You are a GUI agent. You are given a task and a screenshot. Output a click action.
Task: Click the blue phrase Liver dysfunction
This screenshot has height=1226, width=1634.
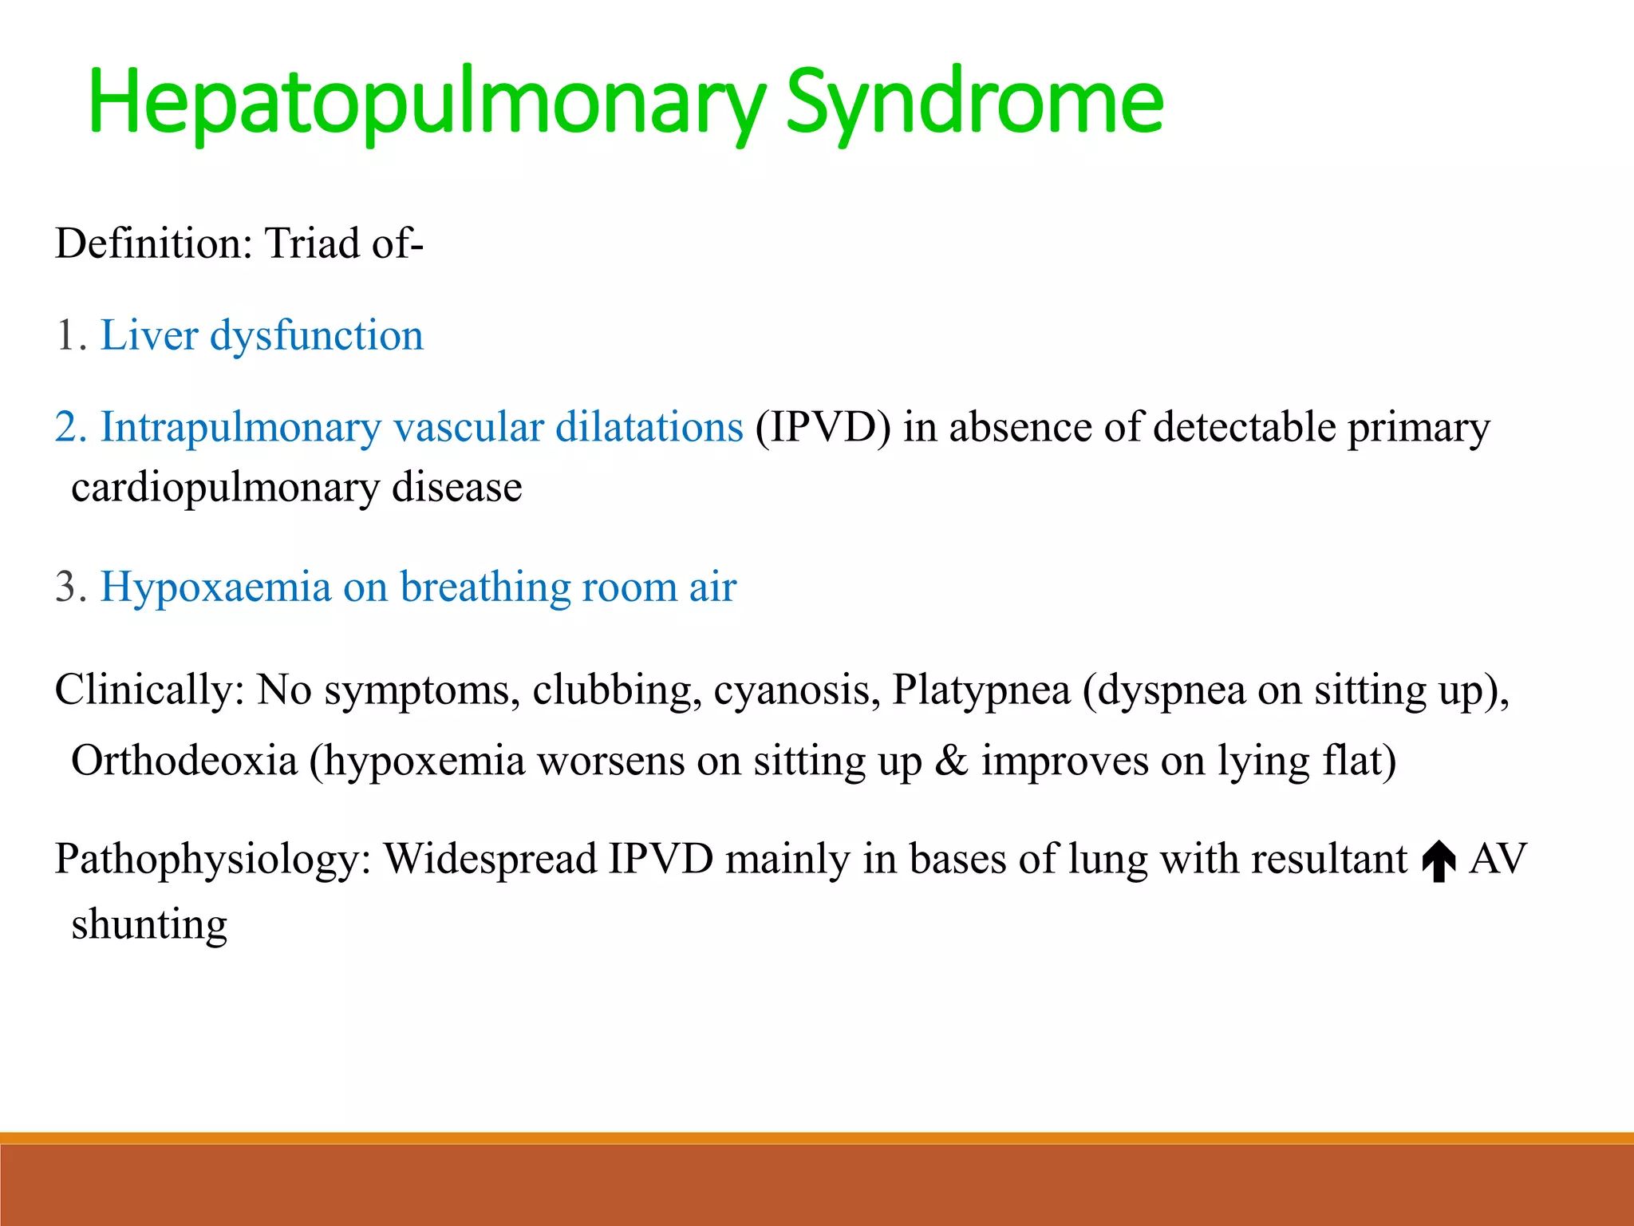pos(262,335)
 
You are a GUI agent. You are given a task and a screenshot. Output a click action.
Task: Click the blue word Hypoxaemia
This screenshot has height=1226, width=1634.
pos(215,587)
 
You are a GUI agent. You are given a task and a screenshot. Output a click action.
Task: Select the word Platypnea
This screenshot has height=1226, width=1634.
pos(981,690)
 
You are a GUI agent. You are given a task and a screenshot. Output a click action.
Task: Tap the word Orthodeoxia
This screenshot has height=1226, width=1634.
pos(184,760)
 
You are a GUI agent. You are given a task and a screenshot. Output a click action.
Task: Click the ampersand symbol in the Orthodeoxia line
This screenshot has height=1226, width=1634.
pos(951,760)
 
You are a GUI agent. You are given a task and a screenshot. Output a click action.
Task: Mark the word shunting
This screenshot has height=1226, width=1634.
pos(149,924)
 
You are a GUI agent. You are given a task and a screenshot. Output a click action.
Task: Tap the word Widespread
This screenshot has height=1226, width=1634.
pos(490,859)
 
